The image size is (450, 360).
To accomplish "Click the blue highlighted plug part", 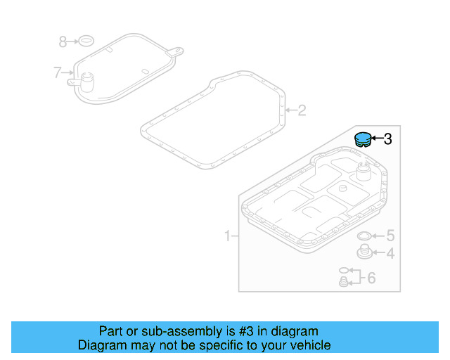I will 362,139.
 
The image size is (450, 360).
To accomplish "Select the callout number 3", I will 387,139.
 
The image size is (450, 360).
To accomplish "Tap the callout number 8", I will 63,42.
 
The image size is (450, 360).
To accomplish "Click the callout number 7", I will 58,72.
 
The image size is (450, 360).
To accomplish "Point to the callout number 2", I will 302,110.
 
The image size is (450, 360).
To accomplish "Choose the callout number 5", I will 390,236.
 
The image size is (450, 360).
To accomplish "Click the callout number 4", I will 390,254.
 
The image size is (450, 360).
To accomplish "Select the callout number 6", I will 371,278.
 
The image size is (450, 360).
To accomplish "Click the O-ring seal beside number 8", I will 86,40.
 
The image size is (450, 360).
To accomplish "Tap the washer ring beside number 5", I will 366,236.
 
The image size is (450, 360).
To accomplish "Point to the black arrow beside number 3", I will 376,139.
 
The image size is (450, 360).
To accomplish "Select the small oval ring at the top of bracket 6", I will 343,270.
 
